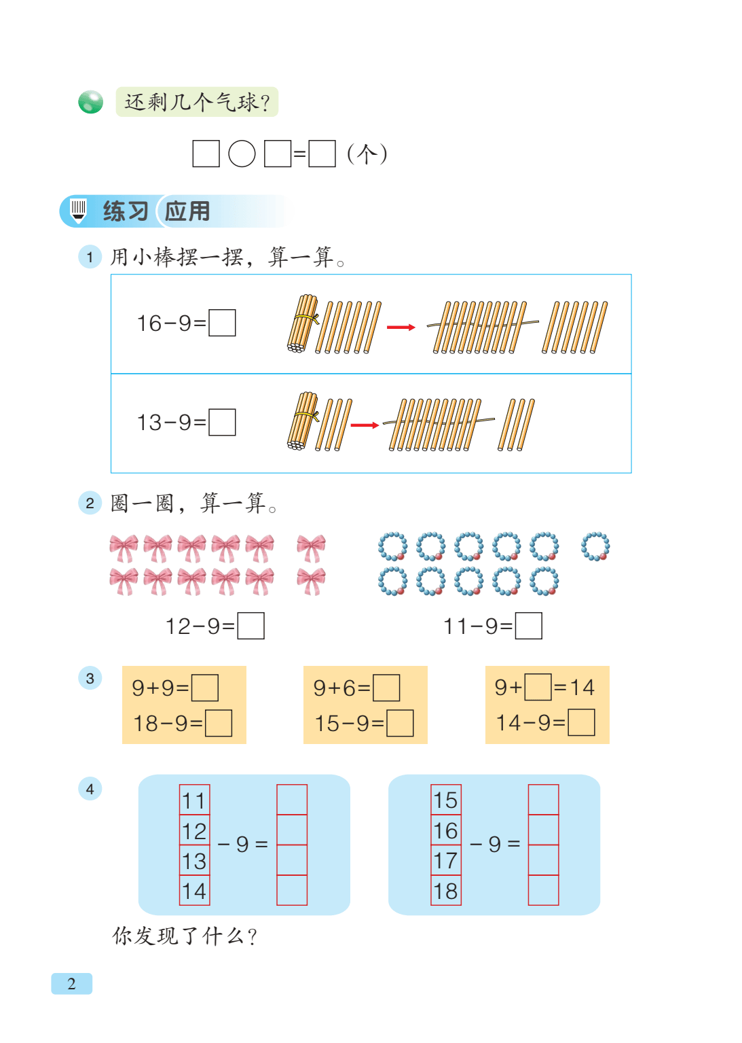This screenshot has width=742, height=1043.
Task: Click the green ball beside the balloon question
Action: (x=91, y=101)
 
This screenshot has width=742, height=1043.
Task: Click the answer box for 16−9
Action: (x=222, y=323)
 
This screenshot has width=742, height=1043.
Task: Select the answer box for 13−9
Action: (x=222, y=422)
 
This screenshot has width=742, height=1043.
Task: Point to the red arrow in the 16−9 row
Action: (x=401, y=328)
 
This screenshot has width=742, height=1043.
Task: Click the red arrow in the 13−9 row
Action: (x=365, y=425)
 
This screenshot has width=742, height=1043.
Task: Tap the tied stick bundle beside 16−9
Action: (x=303, y=323)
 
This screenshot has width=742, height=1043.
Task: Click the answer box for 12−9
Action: (x=251, y=625)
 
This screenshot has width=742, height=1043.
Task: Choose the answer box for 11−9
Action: (x=528, y=625)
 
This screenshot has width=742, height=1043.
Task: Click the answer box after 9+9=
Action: (x=205, y=687)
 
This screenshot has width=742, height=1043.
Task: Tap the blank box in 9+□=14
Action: (x=538, y=687)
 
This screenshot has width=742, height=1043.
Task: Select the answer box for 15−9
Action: (x=400, y=723)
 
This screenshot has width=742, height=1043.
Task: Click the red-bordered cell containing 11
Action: (x=194, y=800)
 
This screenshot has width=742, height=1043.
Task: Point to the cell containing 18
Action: (x=445, y=890)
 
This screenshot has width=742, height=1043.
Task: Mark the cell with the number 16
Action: (x=445, y=830)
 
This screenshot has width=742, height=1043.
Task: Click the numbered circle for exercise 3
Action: (x=90, y=678)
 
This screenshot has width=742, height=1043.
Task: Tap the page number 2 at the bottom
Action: (x=71, y=983)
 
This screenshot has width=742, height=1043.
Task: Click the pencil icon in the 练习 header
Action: (x=78, y=211)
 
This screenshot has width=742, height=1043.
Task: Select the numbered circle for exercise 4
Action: (x=90, y=789)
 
